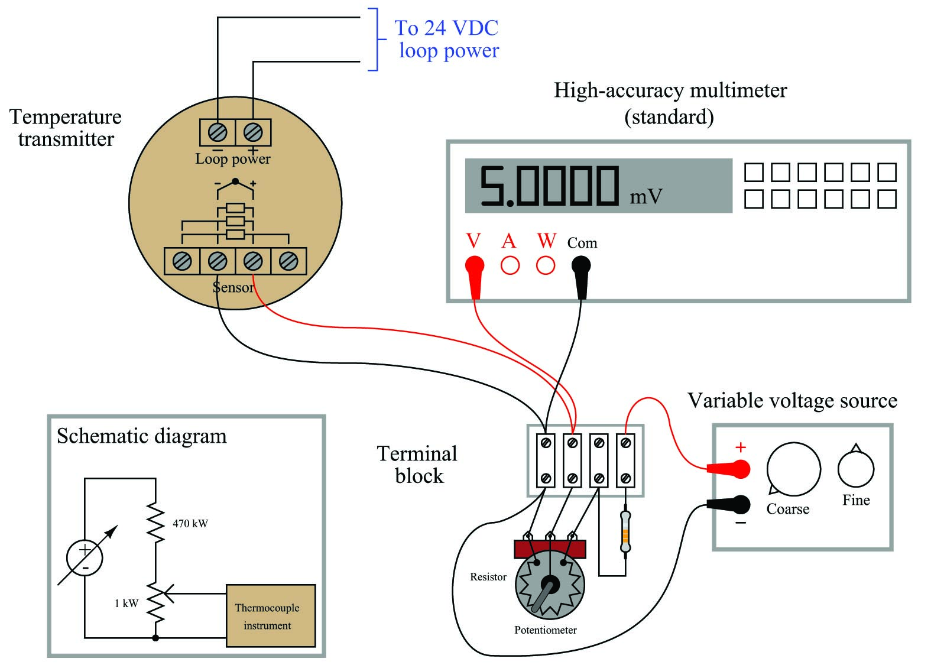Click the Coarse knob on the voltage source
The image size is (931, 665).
793,469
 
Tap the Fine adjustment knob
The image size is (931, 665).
855,469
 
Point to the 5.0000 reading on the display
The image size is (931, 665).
549,186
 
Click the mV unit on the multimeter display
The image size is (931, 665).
645,196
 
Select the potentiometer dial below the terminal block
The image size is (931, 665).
550,585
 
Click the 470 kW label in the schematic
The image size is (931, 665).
190,523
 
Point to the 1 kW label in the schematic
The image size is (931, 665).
126,603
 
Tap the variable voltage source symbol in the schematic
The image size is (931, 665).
85,557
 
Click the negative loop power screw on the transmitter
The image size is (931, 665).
218,132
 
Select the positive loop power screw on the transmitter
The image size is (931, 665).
253,132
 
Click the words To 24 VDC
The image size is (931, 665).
446,28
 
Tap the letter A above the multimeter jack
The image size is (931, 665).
509,241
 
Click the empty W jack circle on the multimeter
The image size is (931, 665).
546,265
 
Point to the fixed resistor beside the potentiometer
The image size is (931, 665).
625,532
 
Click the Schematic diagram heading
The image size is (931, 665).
142,436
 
